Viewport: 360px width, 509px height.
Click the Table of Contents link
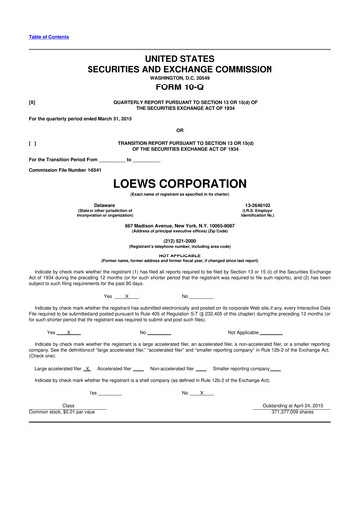pos(49,36)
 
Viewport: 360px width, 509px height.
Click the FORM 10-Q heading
pos(179,87)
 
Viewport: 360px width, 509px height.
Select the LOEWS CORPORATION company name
pos(179,184)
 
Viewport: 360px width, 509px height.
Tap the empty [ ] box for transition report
pos(33,143)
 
